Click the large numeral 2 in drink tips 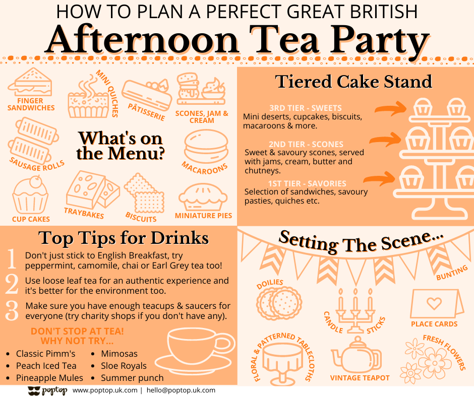(12, 285)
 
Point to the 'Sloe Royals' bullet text (124, 366)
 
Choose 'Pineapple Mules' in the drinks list (49, 378)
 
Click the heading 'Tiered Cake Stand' (353, 82)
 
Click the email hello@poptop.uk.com (181, 390)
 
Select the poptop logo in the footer (47, 390)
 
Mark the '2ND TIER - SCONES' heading (306, 144)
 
